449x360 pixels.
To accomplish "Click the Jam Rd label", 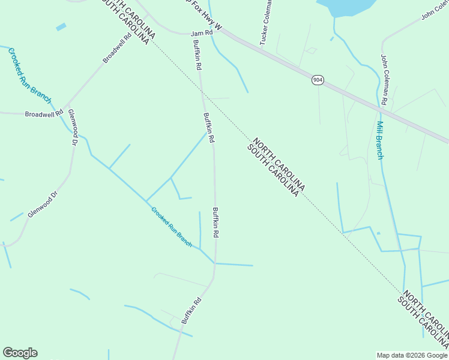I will (x=202, y=34).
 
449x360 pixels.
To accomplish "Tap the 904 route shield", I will (x=318, y=80).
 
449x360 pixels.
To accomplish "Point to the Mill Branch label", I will (x=380, y=140).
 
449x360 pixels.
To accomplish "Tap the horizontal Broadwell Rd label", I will (x=44, y=113).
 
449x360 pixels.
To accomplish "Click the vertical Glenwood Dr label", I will (x=73, y=127).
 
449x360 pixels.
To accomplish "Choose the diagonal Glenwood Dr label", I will (x=41, y=204).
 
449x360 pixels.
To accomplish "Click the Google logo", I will (x=20, y=353).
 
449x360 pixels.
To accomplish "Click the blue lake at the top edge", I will (x=348, y=6).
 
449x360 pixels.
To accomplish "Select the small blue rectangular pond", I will (x=61, y=27).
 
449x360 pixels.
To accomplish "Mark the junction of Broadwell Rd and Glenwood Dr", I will (x=66, y=112).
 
